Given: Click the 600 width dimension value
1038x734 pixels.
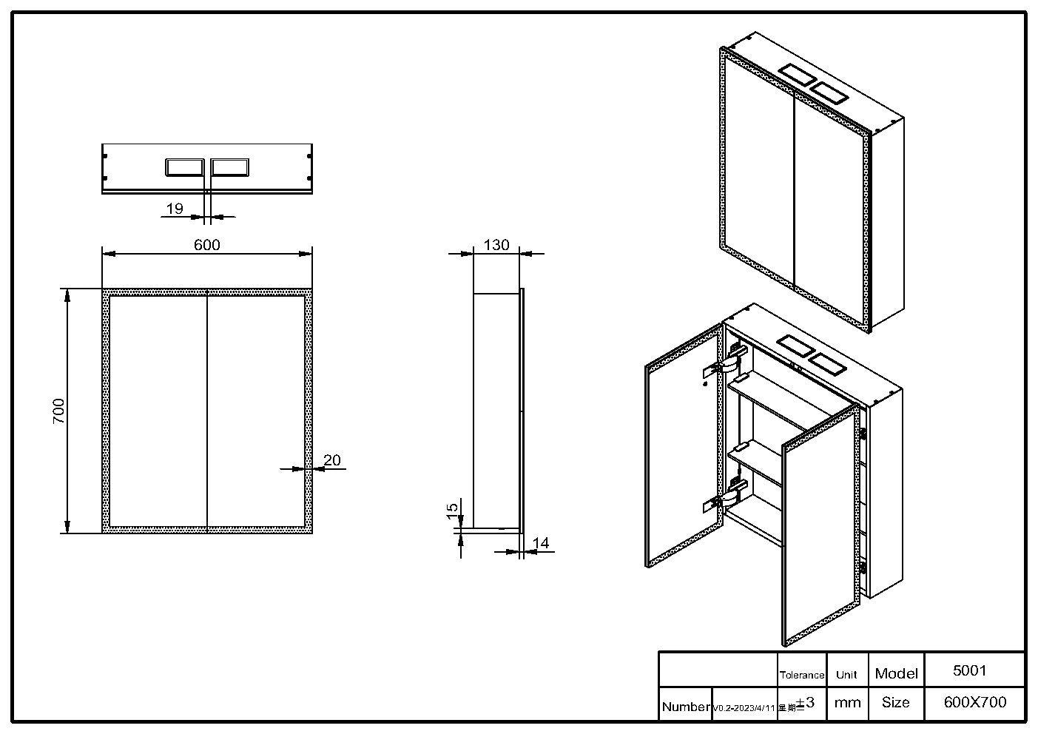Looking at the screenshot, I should [x=207, y=245].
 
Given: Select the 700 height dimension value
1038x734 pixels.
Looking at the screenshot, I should [x=59, y=411].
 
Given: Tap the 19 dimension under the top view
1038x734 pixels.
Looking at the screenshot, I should [x=175, y=209].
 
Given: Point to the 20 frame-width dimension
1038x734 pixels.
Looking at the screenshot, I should [x=332, y=460].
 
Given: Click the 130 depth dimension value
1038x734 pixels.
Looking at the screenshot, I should [x=496, y=245].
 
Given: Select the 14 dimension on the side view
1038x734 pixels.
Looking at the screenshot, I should [x=541, y=543].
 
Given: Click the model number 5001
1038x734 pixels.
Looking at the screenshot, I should [x=969, y=670].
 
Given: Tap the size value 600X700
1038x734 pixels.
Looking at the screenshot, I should [x=975, y=702].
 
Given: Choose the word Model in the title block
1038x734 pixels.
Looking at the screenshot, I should [x=896, y=673].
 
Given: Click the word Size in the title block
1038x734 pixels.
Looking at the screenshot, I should [x=895, y=702].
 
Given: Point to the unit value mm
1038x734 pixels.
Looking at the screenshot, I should [x=847, y=703].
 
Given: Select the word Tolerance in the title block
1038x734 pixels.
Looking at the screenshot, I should [x=802, y=675].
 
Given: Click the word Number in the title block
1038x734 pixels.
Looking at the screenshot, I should [x=686, y=707].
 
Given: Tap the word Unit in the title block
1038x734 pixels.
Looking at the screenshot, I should [x=846, y=675].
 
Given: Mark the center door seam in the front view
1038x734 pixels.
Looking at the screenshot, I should [x=207, y=411].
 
